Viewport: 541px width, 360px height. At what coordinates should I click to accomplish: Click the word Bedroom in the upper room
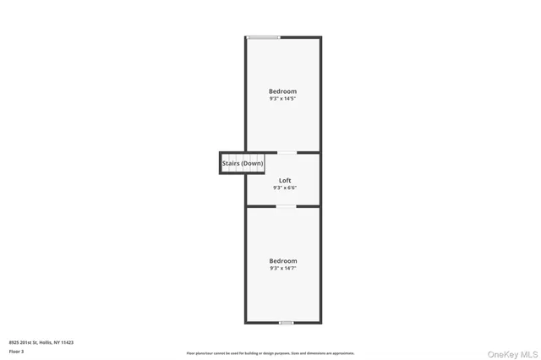pos(283,91)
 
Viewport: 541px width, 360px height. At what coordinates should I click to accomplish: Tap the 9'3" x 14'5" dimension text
pos(283,99)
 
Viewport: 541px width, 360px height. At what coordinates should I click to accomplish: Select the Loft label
pos(285,181)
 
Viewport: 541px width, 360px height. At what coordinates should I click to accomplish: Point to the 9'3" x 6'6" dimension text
pos(285,188)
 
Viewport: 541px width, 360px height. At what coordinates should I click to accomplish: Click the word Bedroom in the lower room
pos(283,261)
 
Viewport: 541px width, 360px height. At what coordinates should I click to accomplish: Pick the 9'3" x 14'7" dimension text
pos(283,269)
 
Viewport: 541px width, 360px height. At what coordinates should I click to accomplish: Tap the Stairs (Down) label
pos(243,163)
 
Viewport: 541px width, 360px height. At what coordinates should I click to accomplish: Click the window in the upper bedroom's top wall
pos(263,37)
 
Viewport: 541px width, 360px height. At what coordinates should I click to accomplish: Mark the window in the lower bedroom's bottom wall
pos(287,322)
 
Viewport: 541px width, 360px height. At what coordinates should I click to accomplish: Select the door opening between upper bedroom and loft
pos(288,153)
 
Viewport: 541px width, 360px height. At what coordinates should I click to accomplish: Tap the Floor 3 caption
pos(17,351)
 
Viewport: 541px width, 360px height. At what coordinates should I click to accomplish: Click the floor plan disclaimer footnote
pos(270,353)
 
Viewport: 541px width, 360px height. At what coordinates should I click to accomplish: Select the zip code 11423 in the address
pos(68,342)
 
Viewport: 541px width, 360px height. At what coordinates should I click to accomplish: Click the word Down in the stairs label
pos(253,163)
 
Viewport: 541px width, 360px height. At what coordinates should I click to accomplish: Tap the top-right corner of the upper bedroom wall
pos(320,37)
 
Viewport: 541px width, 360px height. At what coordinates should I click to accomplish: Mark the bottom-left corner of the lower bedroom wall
pos(246,321)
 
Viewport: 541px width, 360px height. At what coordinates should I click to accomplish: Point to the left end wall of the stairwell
pos(221,163)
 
